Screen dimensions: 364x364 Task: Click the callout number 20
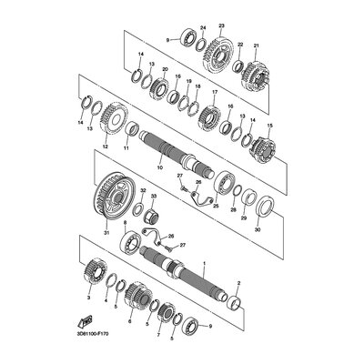(x=165, y=70)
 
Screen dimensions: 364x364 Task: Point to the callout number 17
(x=215, y=93)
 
